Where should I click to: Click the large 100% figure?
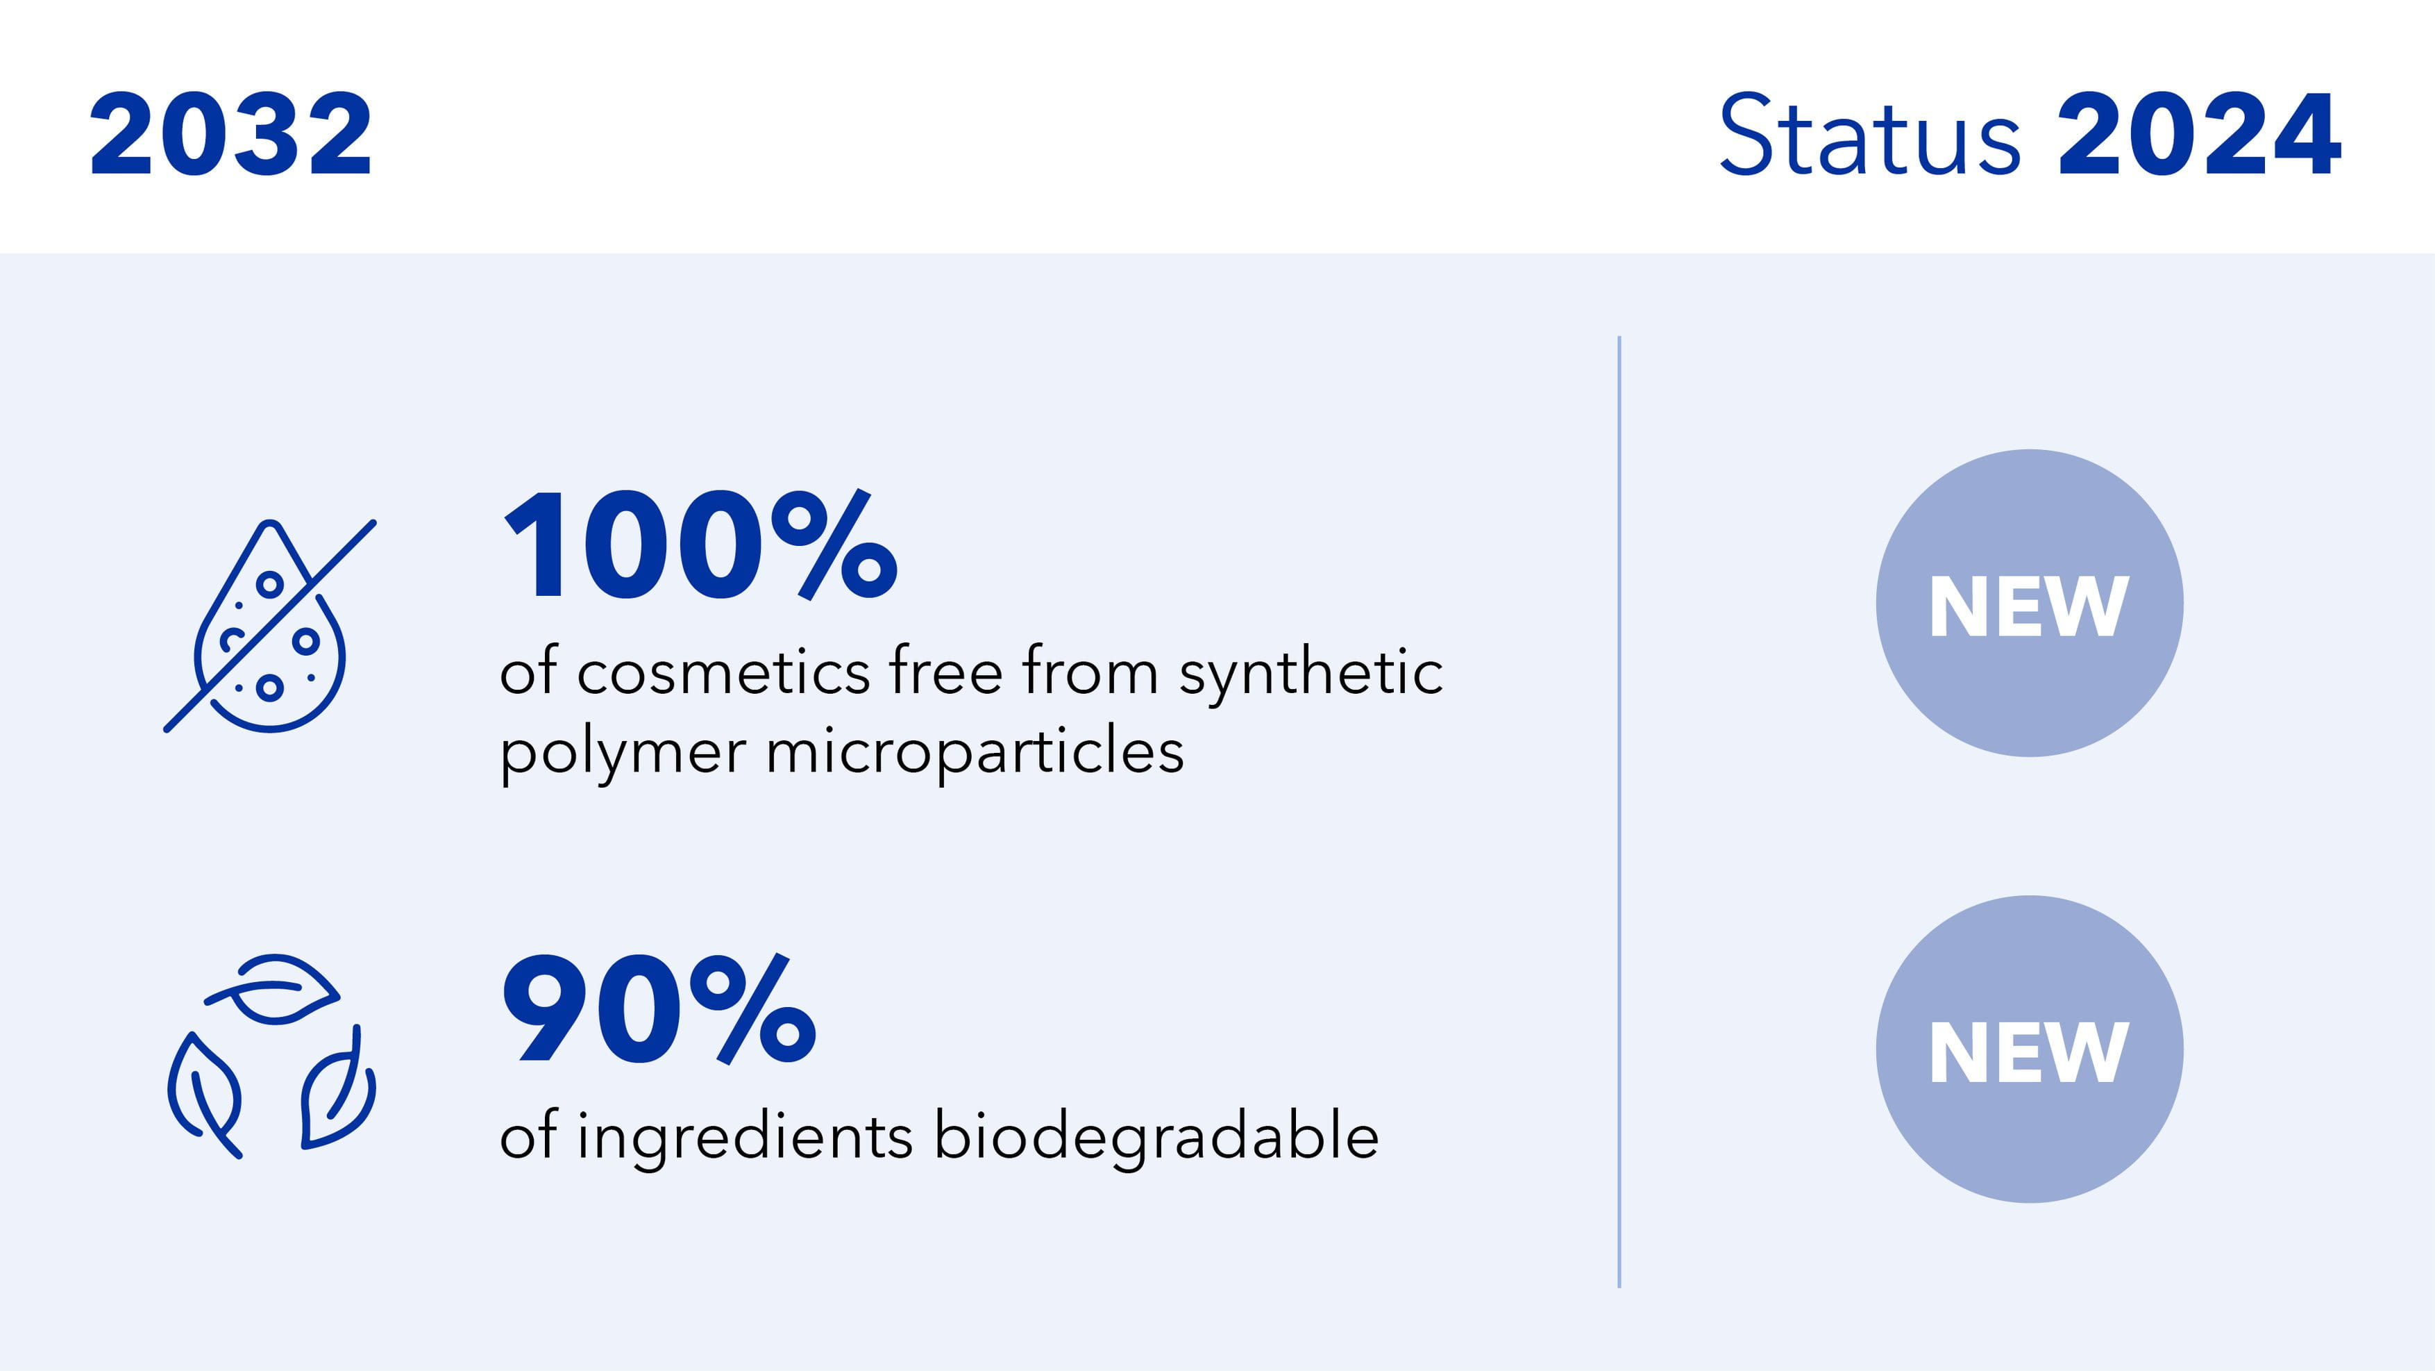click(x=700, y=546)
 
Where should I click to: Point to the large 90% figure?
click(x=659, y=1009)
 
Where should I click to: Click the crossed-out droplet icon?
click(x=270, y=626)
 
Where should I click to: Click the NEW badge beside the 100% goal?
click(x=2030, y=604)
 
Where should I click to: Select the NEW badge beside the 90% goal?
click(x=2030, y=1049)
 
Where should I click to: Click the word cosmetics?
click(x=723, y=673)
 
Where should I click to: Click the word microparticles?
click(x=975, y=753)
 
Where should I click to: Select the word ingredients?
click(x=745, y=1138)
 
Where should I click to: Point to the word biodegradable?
click(x=1157, y=1135)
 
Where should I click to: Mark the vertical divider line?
click(x=1619, y=811)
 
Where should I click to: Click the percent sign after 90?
click(x=752, y=1009)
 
